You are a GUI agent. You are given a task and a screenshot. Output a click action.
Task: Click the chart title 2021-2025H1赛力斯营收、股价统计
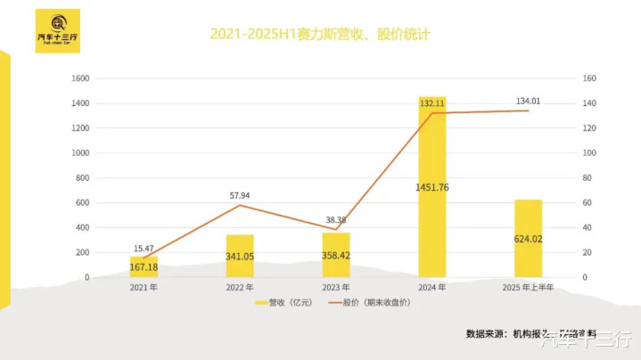click(x=320, y=35)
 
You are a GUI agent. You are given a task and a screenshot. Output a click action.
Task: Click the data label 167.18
click(x=144, y=267)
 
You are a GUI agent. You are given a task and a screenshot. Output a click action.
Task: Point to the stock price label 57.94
click(x=239, y=194)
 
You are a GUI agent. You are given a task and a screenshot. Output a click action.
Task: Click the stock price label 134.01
click(x=529, y=101)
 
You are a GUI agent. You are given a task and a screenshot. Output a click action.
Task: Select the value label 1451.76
click(x=431, y=187)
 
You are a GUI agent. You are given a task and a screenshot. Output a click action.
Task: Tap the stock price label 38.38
click(x=335, y=219)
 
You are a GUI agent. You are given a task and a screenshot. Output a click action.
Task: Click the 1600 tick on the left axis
click(x=78, y=78)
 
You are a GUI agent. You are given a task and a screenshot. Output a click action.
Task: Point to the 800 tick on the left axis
click(x=81, y=178)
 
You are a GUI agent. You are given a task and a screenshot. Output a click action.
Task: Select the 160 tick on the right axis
click(x=588, y=78)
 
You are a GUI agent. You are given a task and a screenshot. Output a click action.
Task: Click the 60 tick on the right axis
click(x=587, y=203)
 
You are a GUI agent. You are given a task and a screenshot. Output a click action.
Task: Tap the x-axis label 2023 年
click(x=335, y=288)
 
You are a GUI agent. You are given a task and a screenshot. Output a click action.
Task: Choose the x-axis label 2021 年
click(x=144, y=288)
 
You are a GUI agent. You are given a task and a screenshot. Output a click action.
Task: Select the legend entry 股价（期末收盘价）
click(x=373, y=303)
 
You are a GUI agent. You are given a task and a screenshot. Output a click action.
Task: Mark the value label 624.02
click(x=528, y=238)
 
